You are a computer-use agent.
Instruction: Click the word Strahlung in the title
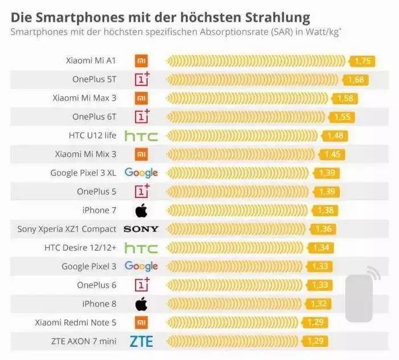tap(278, 15)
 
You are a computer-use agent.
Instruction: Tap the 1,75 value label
tap(363, 61)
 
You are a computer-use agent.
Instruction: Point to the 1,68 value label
tap(355, 80)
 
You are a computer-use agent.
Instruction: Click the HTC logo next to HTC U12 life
tap(141, 136)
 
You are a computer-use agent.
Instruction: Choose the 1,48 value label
tap(335, 136)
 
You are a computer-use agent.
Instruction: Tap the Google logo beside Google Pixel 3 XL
tap(141, 173)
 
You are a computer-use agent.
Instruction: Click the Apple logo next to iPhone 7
tap(141, 211)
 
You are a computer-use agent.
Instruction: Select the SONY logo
tap(141, 229)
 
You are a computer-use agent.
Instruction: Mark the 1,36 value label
tap(324, 229)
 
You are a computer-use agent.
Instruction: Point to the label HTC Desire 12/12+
tap(80, 248)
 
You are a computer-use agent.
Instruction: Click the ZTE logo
tap(141, 341)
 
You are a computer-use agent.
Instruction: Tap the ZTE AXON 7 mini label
tap(84, 341)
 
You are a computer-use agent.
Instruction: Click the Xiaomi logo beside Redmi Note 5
tap(141, 322)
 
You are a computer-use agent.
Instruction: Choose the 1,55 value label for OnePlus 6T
tap(342, 117)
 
